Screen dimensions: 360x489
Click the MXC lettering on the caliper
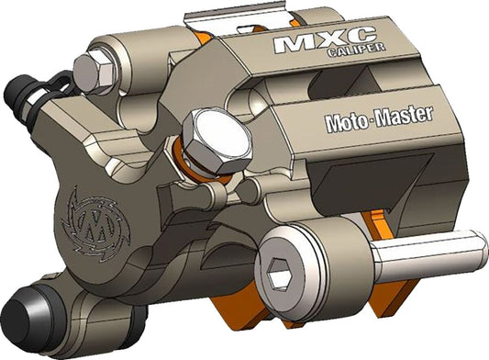pyautogui.click(x=312, y=43)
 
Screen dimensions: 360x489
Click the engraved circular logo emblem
pyautogui.click(x=91, y=220)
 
